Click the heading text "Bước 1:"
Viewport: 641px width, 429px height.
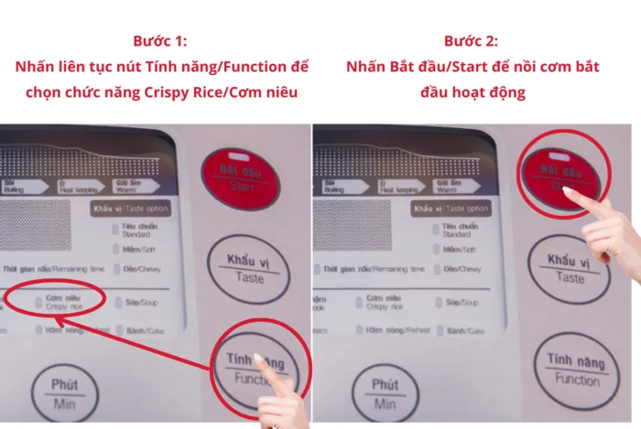click(161, 42)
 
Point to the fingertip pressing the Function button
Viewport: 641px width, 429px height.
click(261, 359)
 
